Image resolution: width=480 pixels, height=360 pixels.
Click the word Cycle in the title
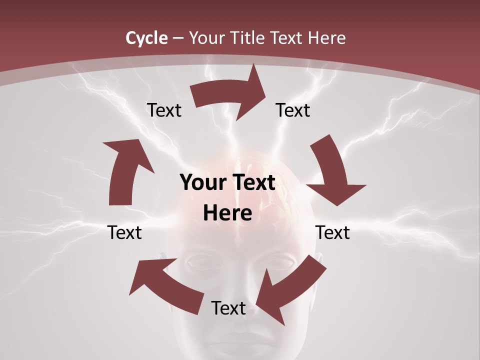coord(146,38)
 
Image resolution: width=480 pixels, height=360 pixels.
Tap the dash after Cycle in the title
coord(178,38)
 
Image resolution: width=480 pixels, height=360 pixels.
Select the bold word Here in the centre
coord(227,213)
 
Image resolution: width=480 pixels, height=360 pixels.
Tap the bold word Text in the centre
coord(253,183)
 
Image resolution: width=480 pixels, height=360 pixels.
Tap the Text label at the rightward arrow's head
coord(293,110)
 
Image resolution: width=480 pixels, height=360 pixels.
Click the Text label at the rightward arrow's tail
coord(164,110)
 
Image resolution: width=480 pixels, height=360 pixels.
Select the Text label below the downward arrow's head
coord(332,232)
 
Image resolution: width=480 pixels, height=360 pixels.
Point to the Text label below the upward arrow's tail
coord(124,232)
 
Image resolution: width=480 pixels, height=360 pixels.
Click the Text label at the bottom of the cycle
coord(228,308)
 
